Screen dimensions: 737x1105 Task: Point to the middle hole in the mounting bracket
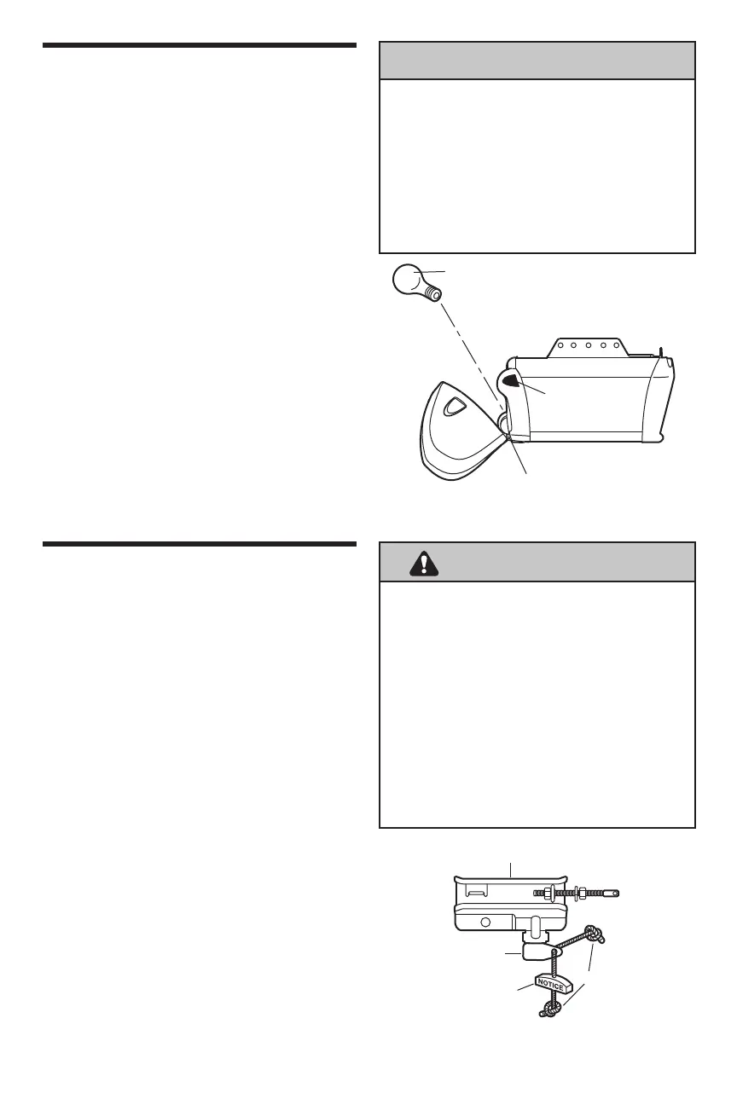[x=588, y=346]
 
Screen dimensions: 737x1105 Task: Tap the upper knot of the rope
[x=591, y=934]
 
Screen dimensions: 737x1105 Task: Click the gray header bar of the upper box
[x=537, y=61]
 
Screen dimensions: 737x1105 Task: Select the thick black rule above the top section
[x=199, y=43]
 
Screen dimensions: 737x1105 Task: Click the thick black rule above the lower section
[x=199, y=544]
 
